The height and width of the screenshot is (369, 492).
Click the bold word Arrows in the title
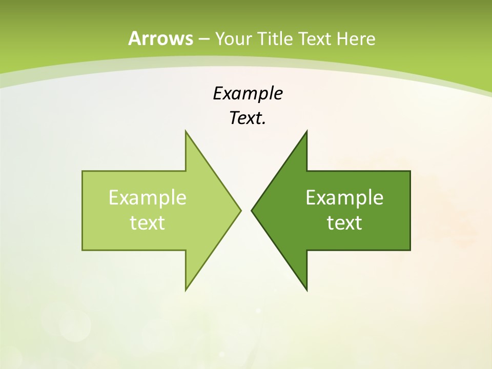click(160, 38)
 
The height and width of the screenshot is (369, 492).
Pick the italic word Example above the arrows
click(248, 94)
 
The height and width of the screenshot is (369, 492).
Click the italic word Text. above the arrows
click(248, 118)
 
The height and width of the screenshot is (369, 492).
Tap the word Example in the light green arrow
click(148, 198)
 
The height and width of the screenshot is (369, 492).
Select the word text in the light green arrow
click(148, 222)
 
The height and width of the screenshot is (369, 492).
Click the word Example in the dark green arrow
click(344, 198)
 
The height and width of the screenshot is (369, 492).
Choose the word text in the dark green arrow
click(344, 222)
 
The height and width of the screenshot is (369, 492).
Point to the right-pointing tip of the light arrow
click(240, 210)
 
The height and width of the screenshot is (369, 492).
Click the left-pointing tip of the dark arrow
click(252, 210)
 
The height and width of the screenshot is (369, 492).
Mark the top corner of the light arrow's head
click(186, 131)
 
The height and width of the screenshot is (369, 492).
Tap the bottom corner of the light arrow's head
click(186, 290)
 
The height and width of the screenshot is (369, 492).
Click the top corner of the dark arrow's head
click(306, 131)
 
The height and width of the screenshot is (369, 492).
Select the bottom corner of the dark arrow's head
click(306, 290)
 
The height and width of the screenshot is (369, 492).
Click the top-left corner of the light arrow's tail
click(83, 171)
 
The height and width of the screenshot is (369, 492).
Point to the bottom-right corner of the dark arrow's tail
click(410, 250)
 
